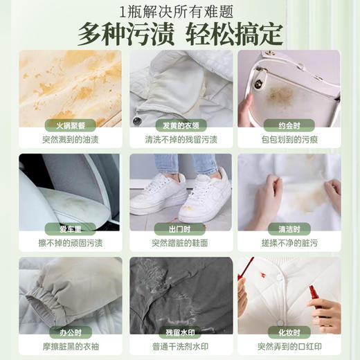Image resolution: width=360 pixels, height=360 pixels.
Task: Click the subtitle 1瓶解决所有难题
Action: [179, 10]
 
